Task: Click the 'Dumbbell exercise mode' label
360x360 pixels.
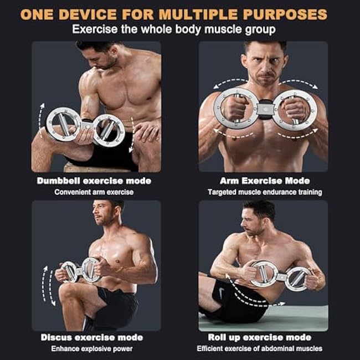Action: point(94,181)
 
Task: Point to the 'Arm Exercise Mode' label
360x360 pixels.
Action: point(265,181)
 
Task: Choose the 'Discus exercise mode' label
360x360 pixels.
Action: point(92,337)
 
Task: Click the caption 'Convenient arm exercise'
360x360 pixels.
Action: point(94,192)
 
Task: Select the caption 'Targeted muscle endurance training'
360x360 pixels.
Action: point(265,192)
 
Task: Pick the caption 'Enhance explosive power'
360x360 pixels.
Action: point(92,348)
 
